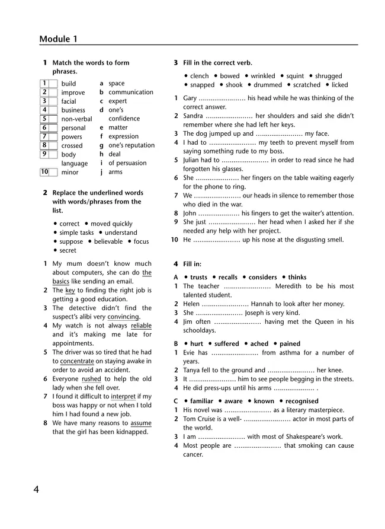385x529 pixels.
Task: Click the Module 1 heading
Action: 59,39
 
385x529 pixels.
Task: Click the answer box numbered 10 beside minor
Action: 44,172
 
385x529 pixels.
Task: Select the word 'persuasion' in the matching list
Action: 130,163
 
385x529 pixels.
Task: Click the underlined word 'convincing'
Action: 123,317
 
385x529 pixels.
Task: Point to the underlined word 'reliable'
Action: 141,326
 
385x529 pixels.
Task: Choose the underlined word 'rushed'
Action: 91,379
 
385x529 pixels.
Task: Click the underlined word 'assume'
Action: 140,423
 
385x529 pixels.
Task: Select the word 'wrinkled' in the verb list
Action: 263,76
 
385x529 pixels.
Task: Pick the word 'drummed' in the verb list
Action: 268,85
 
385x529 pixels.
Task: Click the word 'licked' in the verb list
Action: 340,85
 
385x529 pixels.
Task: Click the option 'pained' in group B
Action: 290,343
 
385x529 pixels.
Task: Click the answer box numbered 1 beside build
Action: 44,84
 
